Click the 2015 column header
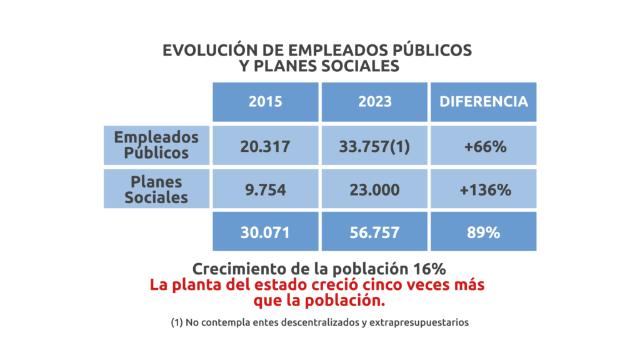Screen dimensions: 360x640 click(266, 102)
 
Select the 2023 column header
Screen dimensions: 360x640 click(375, 102)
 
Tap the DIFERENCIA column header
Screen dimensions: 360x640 click(484, 102)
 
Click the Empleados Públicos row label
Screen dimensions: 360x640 click(156, 145)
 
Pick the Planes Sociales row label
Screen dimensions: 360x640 click(156, 189)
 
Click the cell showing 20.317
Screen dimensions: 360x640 click(266, 146)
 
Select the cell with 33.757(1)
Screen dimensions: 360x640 click(375, 146)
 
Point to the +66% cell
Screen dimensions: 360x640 click(484, 146)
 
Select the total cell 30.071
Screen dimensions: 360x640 click(266, 232)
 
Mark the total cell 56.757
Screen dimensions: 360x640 click(375, 232)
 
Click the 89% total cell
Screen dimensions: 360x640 click(484, 232)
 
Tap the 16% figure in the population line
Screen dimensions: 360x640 click(430, 269)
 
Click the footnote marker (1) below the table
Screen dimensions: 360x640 click(176, 323)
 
